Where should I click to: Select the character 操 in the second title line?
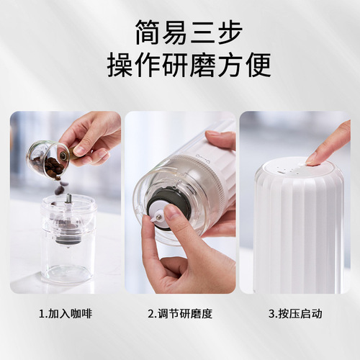coord(122,64)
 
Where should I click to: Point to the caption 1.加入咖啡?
coord(66,313)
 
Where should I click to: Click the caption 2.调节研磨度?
coord(179,313)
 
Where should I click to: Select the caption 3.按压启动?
coord(294,313)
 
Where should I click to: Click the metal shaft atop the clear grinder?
coord(68,199)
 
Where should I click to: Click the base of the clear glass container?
coord(69,274)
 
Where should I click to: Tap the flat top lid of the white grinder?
coord(295,168)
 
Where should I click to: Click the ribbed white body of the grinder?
coord(295,230)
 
